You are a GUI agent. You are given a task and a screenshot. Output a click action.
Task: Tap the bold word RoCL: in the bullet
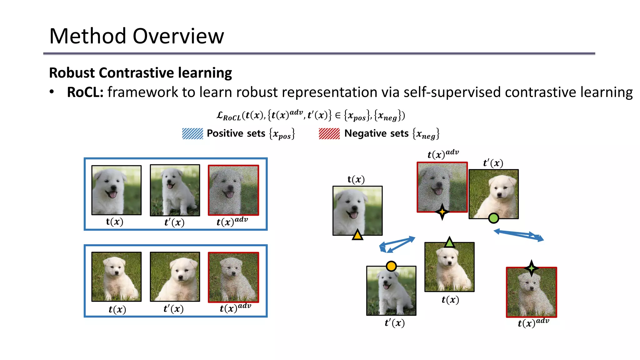click(x=85, y=92)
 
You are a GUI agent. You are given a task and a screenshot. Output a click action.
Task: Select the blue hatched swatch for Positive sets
click(x=192, y=134)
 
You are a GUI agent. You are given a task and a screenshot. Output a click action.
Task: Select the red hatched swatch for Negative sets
click(x=329, y=134)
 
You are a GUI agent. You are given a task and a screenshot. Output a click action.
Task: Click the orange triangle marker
click(x=357, y=235)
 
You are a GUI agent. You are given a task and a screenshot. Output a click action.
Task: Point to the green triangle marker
click(x=449, y=242)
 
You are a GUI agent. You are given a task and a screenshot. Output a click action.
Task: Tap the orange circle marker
click(x=391, y=266)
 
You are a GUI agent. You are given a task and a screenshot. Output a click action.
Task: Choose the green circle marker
click(x=493, y=218)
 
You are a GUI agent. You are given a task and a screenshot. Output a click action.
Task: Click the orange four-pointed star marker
click(x=442, y=212)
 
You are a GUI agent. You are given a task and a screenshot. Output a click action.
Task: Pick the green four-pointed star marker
click(x=532, y=268)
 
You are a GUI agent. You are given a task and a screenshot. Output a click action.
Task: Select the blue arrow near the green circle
click(x=519, y=235)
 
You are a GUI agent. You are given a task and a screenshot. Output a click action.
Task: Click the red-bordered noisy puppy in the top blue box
click(x=233, y=190)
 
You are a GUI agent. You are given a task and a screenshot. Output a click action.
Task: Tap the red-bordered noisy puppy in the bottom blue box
click(x=233, y=277)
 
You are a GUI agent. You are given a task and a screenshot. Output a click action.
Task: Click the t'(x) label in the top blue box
click(x=174, y=222)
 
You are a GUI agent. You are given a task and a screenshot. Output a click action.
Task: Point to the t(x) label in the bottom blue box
click(x=117, y=309)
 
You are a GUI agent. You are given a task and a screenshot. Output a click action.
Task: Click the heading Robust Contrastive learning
click(x=140, y=73)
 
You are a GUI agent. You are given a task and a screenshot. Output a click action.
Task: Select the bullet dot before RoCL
click(x=52, y=92)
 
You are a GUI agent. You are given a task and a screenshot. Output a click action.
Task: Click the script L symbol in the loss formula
click(x=220, y=115)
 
